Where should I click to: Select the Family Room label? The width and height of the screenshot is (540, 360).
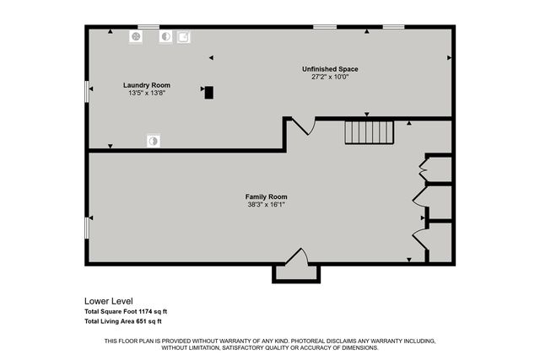pyautogui.click(x=265, y=196)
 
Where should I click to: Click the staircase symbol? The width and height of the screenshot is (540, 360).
pyautogui.click(x=370, y=132)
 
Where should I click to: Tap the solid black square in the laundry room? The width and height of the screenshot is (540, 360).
pyautogui.click(x=208, y=93)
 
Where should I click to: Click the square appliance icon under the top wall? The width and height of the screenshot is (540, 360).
pyautogui.click(x=183, y=37)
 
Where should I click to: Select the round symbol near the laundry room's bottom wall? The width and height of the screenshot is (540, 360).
pyautogui.click(x=153, y=141)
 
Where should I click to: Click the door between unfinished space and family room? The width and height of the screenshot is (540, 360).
pyautogui.click(x=302, y=126)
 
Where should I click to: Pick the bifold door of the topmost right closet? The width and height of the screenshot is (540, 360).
pyautogui.click(x=423, y=169)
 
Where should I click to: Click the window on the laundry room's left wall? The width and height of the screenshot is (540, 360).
pyautogui.click(x=87, y=91)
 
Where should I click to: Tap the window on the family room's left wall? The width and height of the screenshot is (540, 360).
pyautogui.click(x=87, y=227)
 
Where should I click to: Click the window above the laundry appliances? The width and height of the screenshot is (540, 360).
pyautogui.click(x=148, y=27)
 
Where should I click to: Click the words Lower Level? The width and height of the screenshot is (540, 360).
pyautogui.click(x=108, y=301)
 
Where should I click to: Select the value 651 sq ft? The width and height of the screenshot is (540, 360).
pyautogui.click(x=148, y=321)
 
